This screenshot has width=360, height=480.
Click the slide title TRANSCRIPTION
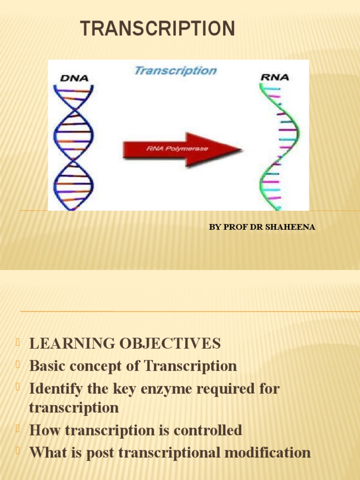(157, 29)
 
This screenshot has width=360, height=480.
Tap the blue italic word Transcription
(175, 71)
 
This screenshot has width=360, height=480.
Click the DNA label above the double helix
(75, 78)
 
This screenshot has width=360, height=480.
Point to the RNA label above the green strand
(275, 77)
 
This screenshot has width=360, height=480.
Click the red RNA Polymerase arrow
(182, 150)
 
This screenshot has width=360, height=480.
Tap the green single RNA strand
(279, 147)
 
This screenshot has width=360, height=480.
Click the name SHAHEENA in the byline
(290, 227)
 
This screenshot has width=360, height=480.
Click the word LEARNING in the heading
(72, 343)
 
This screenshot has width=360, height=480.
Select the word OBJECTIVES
(170, 343)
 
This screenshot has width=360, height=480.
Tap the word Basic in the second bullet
(47, 366)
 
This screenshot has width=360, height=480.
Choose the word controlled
(208, 430)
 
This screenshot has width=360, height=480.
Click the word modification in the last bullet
(268, 452)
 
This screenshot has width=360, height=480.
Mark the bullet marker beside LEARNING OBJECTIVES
(18, 342)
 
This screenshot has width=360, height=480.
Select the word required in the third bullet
(226, 389)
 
